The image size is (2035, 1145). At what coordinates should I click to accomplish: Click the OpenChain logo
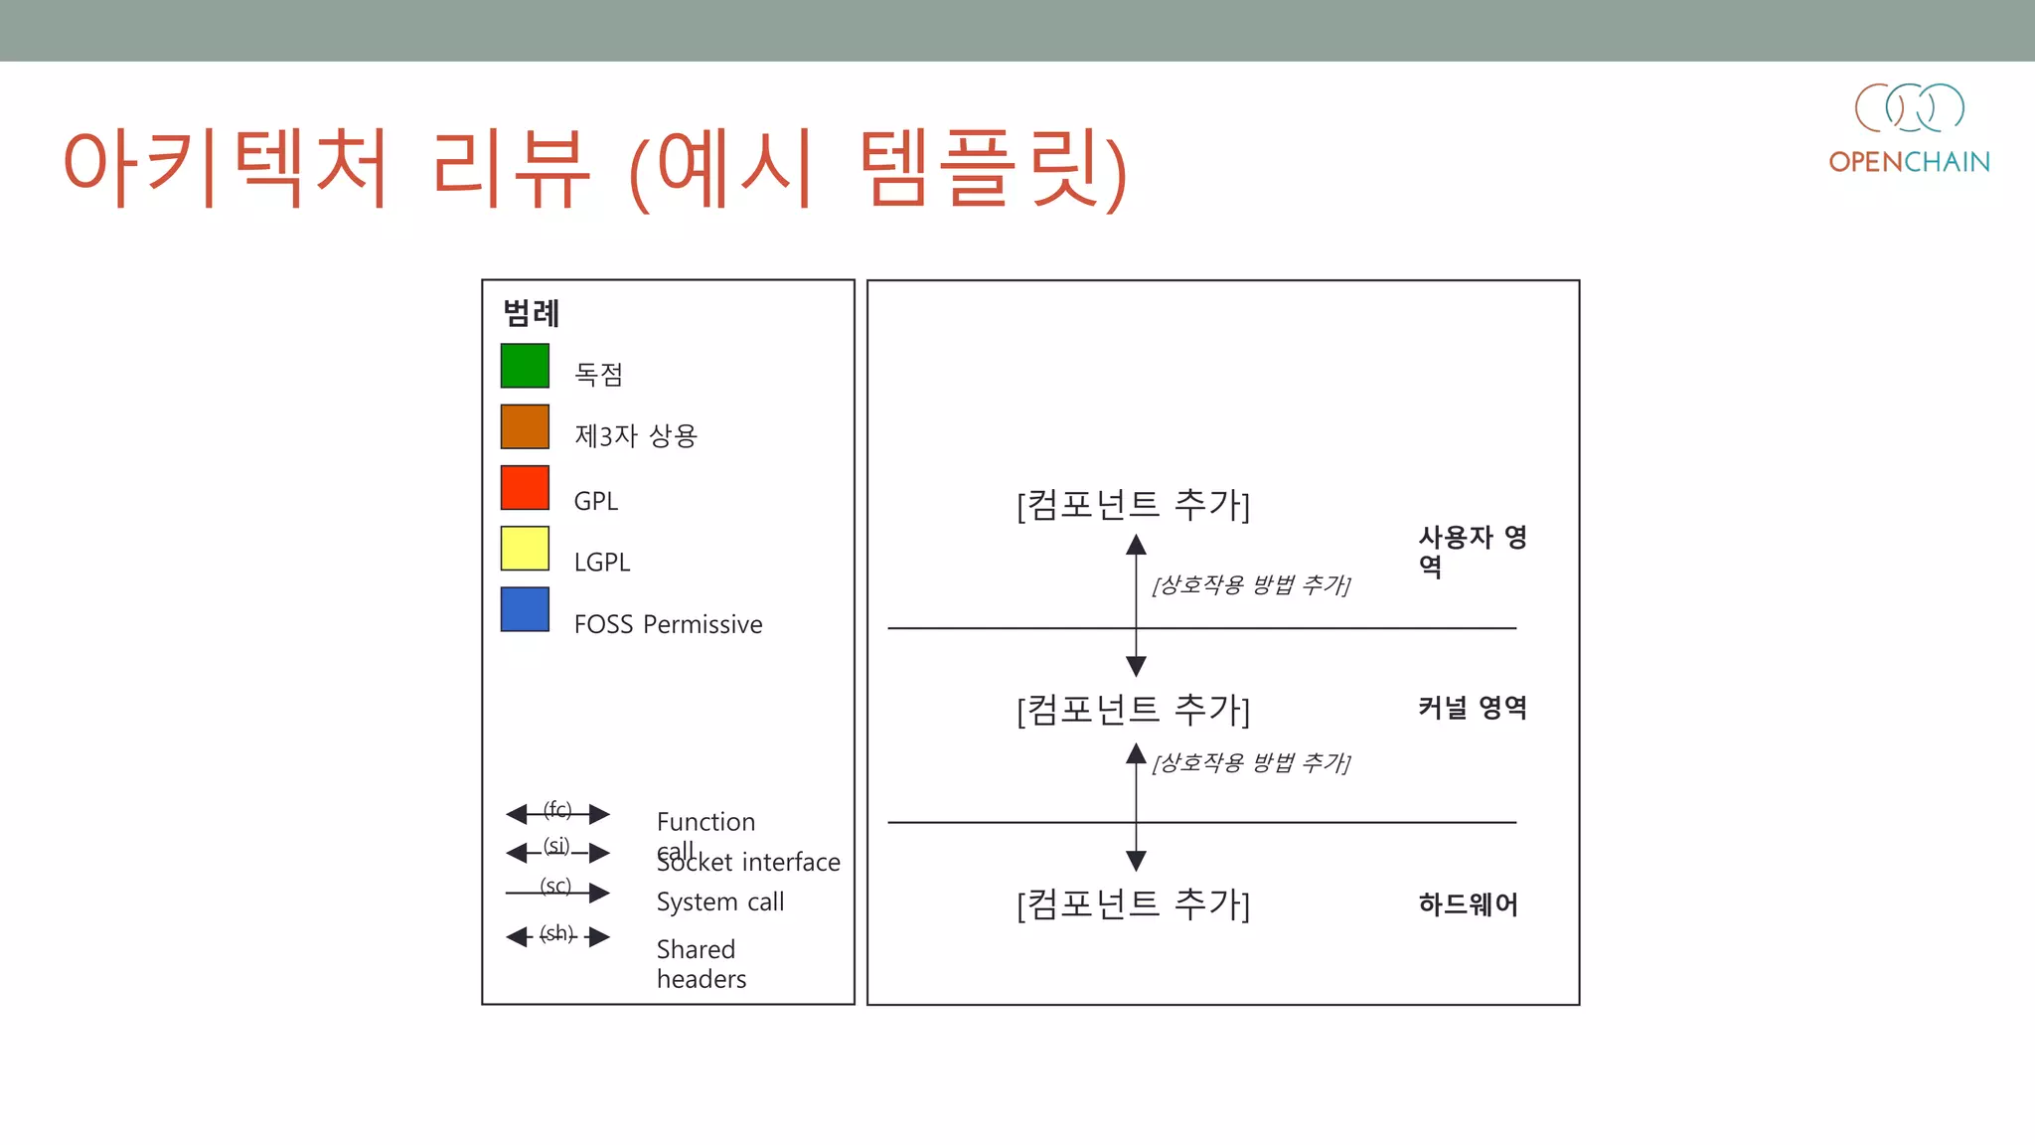click(x=1909, y=128)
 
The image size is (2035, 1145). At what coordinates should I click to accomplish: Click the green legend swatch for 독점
click(x=525, y=366)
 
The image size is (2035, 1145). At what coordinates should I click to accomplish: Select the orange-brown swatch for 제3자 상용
click(x=525, y=426)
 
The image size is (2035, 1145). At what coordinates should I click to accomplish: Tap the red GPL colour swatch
click(x=525, y=488)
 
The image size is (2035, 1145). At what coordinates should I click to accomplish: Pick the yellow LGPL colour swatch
click(x=525, y=549)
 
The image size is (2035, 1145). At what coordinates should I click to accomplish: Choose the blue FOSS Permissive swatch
click(x=525, y=609)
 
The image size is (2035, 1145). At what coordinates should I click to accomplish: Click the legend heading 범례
click(x=532, y=313)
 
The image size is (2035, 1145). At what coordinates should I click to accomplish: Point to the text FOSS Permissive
click(x=668, y=624)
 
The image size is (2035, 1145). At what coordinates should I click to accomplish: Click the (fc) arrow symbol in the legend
click(x=557, y=814)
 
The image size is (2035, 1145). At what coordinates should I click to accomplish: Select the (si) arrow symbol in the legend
click(x=557, y=852)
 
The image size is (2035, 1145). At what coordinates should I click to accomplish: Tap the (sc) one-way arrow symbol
click(x=557, y=892)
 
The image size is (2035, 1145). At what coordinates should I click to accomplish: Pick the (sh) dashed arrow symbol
click(x=557, y=936)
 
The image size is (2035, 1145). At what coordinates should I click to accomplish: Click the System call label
click(x=720, y=901)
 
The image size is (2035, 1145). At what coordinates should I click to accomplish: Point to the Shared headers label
click(x=701, y=964)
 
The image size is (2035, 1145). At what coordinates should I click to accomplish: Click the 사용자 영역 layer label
click(x=1472, y=551)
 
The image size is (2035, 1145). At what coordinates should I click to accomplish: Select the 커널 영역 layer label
click(x=1472, y=708)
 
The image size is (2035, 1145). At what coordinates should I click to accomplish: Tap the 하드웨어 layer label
click(x=1468, y=904)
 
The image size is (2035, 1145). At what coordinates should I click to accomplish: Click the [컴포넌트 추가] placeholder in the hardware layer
click(x=1133, y=904)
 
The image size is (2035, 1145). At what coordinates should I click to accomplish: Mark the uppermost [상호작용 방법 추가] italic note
click(x=1251, y=584)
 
